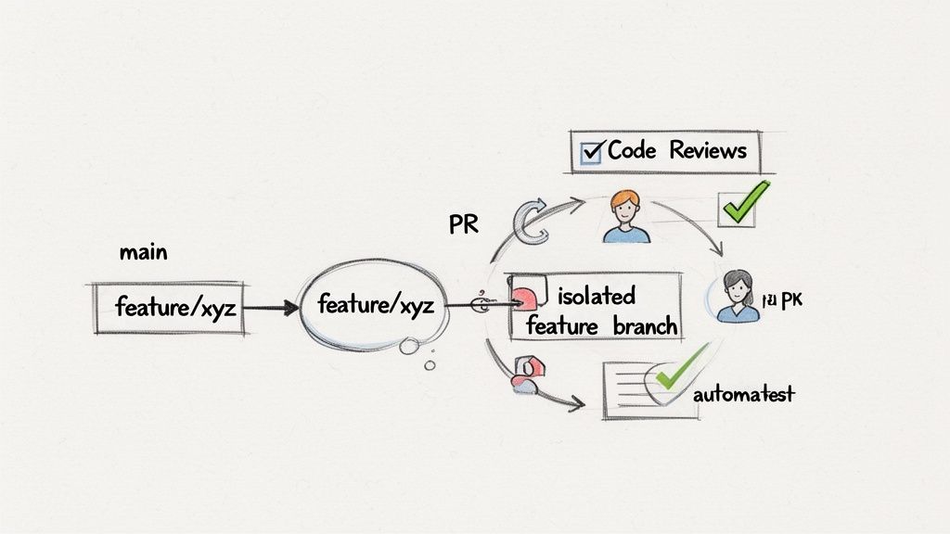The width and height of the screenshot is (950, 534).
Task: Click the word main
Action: pos(144,252)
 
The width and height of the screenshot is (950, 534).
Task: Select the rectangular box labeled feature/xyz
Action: pos(169,307)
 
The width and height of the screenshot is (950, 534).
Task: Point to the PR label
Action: pos(463,225)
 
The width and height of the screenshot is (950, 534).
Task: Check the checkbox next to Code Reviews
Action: pos(590,152)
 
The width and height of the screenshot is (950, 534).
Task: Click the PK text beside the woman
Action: pos(782,299)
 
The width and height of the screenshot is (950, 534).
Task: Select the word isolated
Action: pos(597,297)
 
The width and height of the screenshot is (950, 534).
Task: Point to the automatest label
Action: pos(743,394)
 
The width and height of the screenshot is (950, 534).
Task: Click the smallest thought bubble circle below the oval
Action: pos(430,365)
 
